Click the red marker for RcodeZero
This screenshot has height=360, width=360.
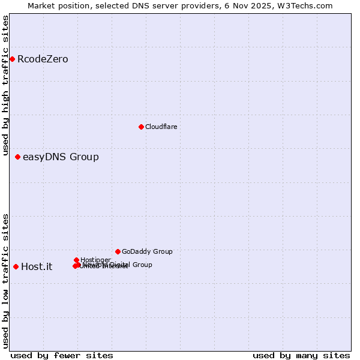click(x=12, y=59)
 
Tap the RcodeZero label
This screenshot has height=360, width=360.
click(x=43, y=59)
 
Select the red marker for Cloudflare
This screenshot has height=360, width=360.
click(x=141, y=127)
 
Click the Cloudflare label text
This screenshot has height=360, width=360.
click(x=161, y=127)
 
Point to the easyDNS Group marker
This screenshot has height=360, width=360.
click(x=17, y=157)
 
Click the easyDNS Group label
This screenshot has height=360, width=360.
click(x=61, y=157)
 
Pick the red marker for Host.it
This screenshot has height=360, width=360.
click(x=16, y=266)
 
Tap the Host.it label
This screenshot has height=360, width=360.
click(x=37, y=267)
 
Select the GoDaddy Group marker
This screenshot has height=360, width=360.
click(x=118, y=251)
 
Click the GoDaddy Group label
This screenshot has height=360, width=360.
click(x=147, y=251)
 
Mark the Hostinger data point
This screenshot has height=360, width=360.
click(x=76, y=260)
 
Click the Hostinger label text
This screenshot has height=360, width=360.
click(x=95, y=260)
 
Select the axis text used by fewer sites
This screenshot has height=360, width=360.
click(x=62, y=355)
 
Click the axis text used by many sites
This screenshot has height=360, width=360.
click(x=301, y=355)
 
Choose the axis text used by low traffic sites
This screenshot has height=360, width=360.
click(x=5, y=280)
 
